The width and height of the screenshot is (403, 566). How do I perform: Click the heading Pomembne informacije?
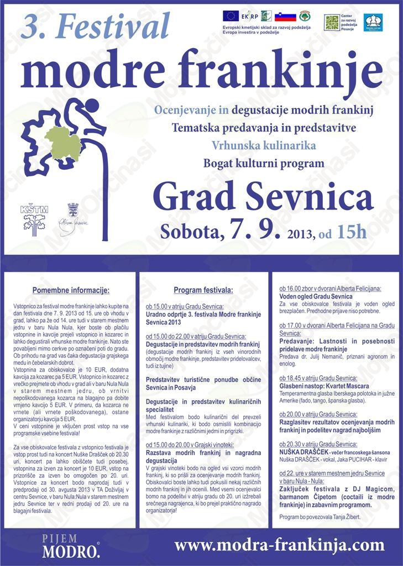[x=71, y=290]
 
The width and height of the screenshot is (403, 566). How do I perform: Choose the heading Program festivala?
[x=203, y=290]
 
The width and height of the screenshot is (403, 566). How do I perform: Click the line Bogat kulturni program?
[x=263, y=164]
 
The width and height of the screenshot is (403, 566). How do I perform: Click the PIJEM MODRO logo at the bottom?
[x=64, y=545]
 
